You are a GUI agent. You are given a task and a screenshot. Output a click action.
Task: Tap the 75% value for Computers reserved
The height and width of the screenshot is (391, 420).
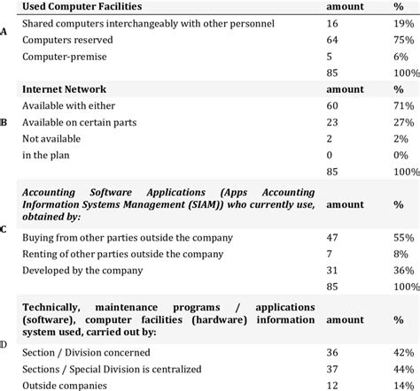click(401, 40)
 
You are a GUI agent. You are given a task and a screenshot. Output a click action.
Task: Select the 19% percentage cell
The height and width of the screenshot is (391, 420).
click(401, 24)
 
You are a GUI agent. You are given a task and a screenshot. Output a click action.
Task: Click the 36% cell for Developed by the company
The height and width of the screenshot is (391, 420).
click(401, 271)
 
